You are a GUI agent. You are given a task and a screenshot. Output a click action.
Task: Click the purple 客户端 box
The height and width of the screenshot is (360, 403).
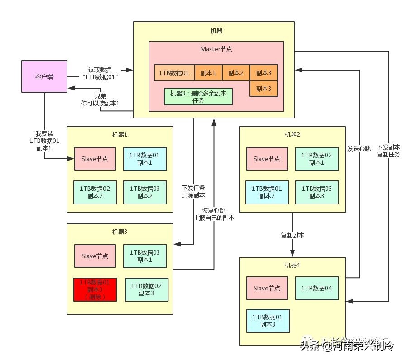[44, 77]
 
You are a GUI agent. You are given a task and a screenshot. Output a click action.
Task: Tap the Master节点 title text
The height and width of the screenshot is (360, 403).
[216, 49]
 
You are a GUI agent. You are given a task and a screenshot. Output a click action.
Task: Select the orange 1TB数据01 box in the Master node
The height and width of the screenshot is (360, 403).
[174, 72]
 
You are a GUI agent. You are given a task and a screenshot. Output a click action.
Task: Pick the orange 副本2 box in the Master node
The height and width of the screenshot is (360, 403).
[236, 72]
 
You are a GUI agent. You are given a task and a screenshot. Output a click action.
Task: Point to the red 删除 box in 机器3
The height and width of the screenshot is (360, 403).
[95, 289]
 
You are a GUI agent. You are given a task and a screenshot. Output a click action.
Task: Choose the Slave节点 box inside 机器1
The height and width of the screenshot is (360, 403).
[95, 159]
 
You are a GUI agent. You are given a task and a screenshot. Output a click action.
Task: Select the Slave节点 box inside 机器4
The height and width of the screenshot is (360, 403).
[267, 288]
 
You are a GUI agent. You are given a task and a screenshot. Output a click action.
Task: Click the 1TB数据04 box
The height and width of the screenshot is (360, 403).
[317, 288]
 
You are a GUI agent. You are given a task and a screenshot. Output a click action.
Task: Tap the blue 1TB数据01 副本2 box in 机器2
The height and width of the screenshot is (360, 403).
[267, 192]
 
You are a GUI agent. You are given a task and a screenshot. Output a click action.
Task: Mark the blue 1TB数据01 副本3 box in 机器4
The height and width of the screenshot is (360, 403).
[267, 320]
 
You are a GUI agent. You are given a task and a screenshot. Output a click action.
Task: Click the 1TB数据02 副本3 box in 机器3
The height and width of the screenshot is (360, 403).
[146, 289]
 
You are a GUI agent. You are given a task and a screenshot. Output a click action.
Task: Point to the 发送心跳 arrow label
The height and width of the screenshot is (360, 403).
[359, 148]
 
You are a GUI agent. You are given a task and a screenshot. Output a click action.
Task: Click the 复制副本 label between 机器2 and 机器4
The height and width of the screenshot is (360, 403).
[292, 236]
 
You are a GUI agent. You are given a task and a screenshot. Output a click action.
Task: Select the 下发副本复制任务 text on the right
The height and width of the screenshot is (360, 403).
[388, 151]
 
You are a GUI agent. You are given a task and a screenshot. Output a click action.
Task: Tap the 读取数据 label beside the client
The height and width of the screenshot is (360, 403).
[100, 74]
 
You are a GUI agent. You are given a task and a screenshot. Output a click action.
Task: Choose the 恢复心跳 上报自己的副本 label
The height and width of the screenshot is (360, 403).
[214, 214]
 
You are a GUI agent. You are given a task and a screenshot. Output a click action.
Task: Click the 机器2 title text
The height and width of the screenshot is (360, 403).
[292, 134]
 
